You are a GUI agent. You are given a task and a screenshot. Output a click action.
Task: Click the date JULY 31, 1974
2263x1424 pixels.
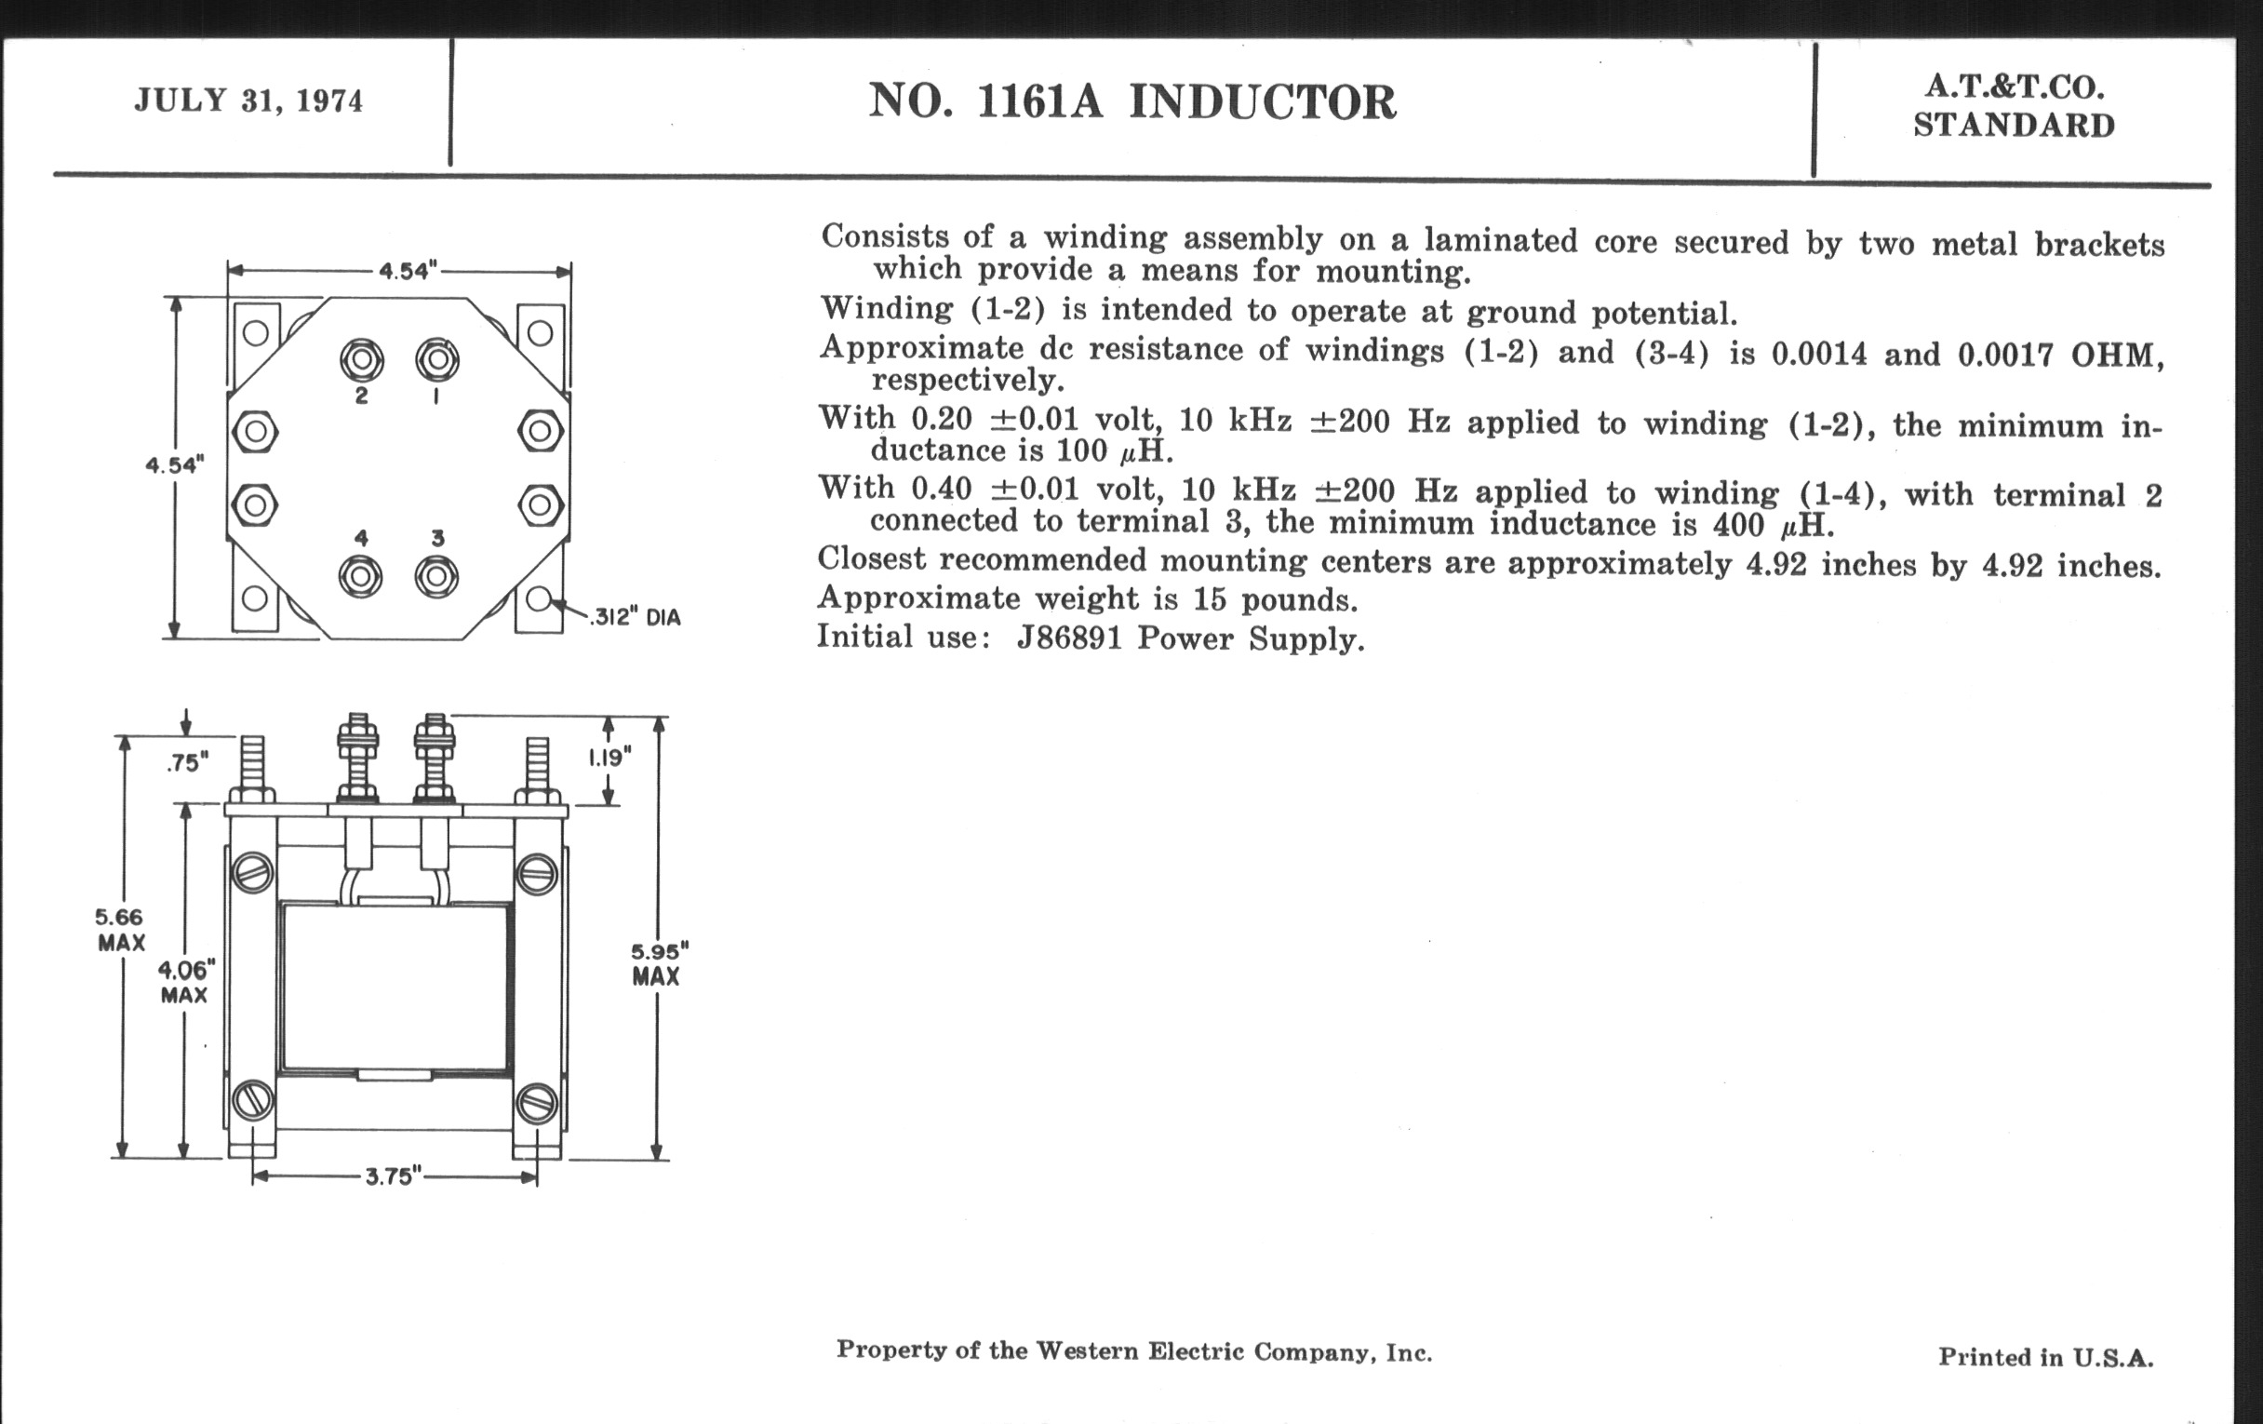pyautogui.click(x=248, y=100)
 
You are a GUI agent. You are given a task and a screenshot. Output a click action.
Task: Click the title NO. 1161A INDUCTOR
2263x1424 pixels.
pyautogui.click(x=1131, y=101)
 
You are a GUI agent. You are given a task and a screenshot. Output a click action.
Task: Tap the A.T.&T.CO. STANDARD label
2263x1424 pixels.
pyautogui.click(x=2014, y=106)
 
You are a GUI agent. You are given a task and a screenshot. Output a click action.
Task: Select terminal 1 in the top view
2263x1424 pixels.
pyautogui.click(x=437, y=359)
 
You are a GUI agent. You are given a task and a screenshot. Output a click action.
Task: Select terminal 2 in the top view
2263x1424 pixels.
pyautogui.click(x=362, y=359)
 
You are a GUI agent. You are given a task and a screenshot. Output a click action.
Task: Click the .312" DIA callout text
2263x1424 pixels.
pyautogui.click(x=636, y=618)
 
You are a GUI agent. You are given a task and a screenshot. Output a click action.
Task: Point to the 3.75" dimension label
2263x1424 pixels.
pyautogui.click(x=393, y=1176)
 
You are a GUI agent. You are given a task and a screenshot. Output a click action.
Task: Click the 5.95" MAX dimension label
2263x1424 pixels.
pyautogui.click(x=657, y=963)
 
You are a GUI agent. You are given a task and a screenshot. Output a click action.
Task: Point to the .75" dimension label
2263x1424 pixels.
pyautogui.click(x=187, y=762)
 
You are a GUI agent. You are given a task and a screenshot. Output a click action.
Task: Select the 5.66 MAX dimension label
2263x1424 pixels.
pyautogui.click(x=120, y=930)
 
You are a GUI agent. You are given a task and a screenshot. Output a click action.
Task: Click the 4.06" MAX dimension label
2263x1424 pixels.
pyautogui.click(x=185, y=981)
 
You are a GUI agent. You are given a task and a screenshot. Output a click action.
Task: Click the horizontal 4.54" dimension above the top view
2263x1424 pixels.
pyautogui.click(x=407, y=272)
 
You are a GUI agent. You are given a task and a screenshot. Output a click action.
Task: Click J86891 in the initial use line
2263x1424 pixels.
pyautogui.click(x=1069, y=638)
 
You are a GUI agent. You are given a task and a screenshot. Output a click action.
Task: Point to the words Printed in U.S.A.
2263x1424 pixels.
pyautogui.click(x=2045, y=1357)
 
